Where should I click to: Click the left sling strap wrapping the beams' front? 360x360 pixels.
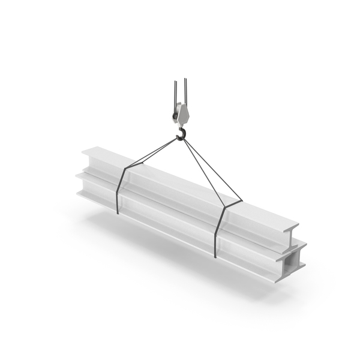(x=119, y=192)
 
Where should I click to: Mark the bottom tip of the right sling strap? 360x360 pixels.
(x=215, y=256)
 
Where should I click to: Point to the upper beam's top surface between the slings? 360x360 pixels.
(x=174, y=180)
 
